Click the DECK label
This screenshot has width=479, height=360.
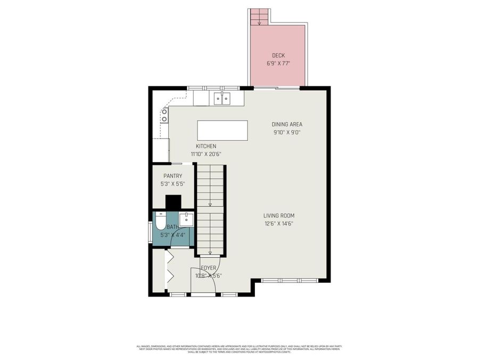[x=278, y=55]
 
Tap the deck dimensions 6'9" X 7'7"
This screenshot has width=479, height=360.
[x=278, y=63]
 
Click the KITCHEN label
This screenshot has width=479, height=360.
[x=206, y=146]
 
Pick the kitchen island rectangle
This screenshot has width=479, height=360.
[x=222, y=130]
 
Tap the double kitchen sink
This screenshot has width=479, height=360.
[x=222, y=98]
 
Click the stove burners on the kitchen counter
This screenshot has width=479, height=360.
[x=164, y=115]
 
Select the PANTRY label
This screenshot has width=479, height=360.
[x=173, y=176]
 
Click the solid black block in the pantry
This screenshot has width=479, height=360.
[x=173, y=203]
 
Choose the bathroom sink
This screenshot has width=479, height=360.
[x=186, y=219]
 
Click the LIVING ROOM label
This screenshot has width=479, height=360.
[x=278, y=215]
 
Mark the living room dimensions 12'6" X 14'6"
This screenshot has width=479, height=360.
[x=278, y=223]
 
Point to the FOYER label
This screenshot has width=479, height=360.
[x=209, y=268]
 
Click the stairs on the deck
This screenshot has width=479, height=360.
[x=260, y=17]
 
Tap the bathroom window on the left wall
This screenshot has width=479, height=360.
[x=150, y=230]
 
